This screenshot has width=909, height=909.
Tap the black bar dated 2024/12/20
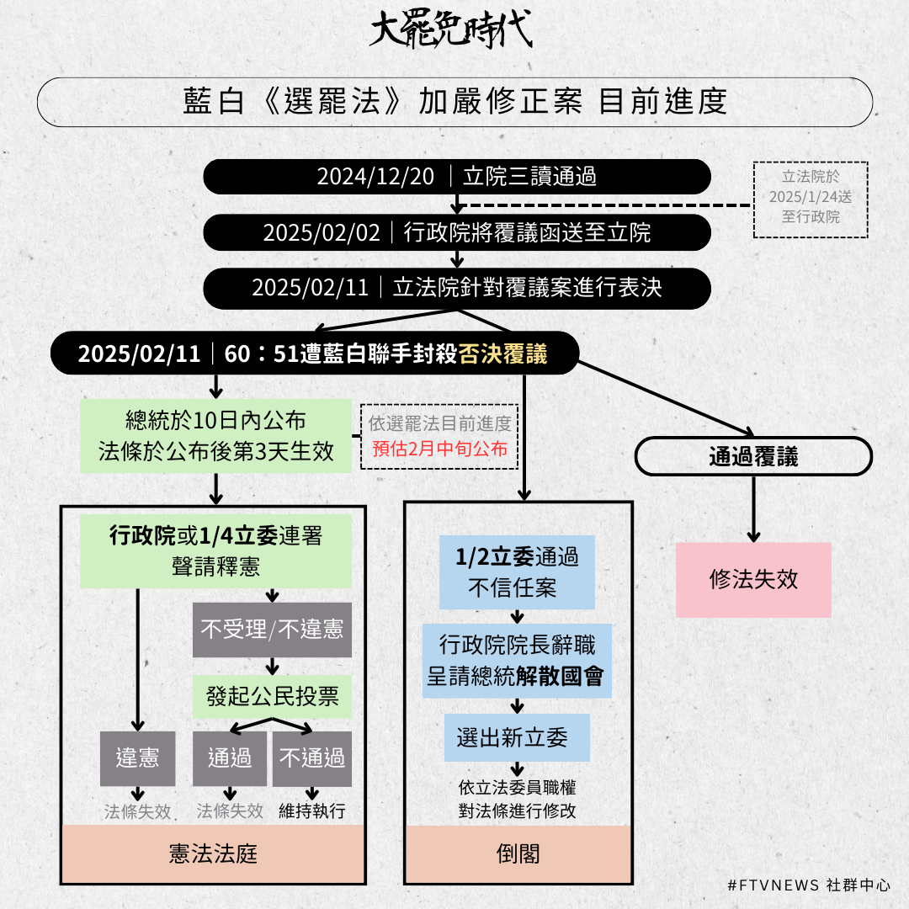click(x=457, y=177)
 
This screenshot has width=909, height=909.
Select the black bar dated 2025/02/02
click(x=457, y=232)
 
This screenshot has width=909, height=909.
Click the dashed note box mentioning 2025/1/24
click(x=811, y=199)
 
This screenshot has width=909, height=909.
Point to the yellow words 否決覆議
click(x=502, y=353)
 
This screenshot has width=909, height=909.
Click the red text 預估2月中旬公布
click(x=439, y=449)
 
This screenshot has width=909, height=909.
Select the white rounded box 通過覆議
click(x=753, y=456)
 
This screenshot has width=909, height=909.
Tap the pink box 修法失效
click(x=753, y=580)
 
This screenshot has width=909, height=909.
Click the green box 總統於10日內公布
click(x=215, y=436)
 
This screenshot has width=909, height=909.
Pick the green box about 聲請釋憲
click(x=215, y=551)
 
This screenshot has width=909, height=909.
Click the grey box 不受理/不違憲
click(x=272, y=630)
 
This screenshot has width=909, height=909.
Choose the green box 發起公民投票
click(x=272, y=696)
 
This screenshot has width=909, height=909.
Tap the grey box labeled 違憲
click(x=137, y=758)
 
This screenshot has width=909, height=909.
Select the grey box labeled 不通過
click(x=312, y=758)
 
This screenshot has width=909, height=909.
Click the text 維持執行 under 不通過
click(x=312, y=811)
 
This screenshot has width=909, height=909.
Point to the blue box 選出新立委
click(x=517, y=737)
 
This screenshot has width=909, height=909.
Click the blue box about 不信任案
click(x=517, y=572)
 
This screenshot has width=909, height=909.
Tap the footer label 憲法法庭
click(x=213, y=854)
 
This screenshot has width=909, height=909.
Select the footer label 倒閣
click(x=518, y=854)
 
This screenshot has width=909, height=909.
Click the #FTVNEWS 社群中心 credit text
click(x=809, y=885)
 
